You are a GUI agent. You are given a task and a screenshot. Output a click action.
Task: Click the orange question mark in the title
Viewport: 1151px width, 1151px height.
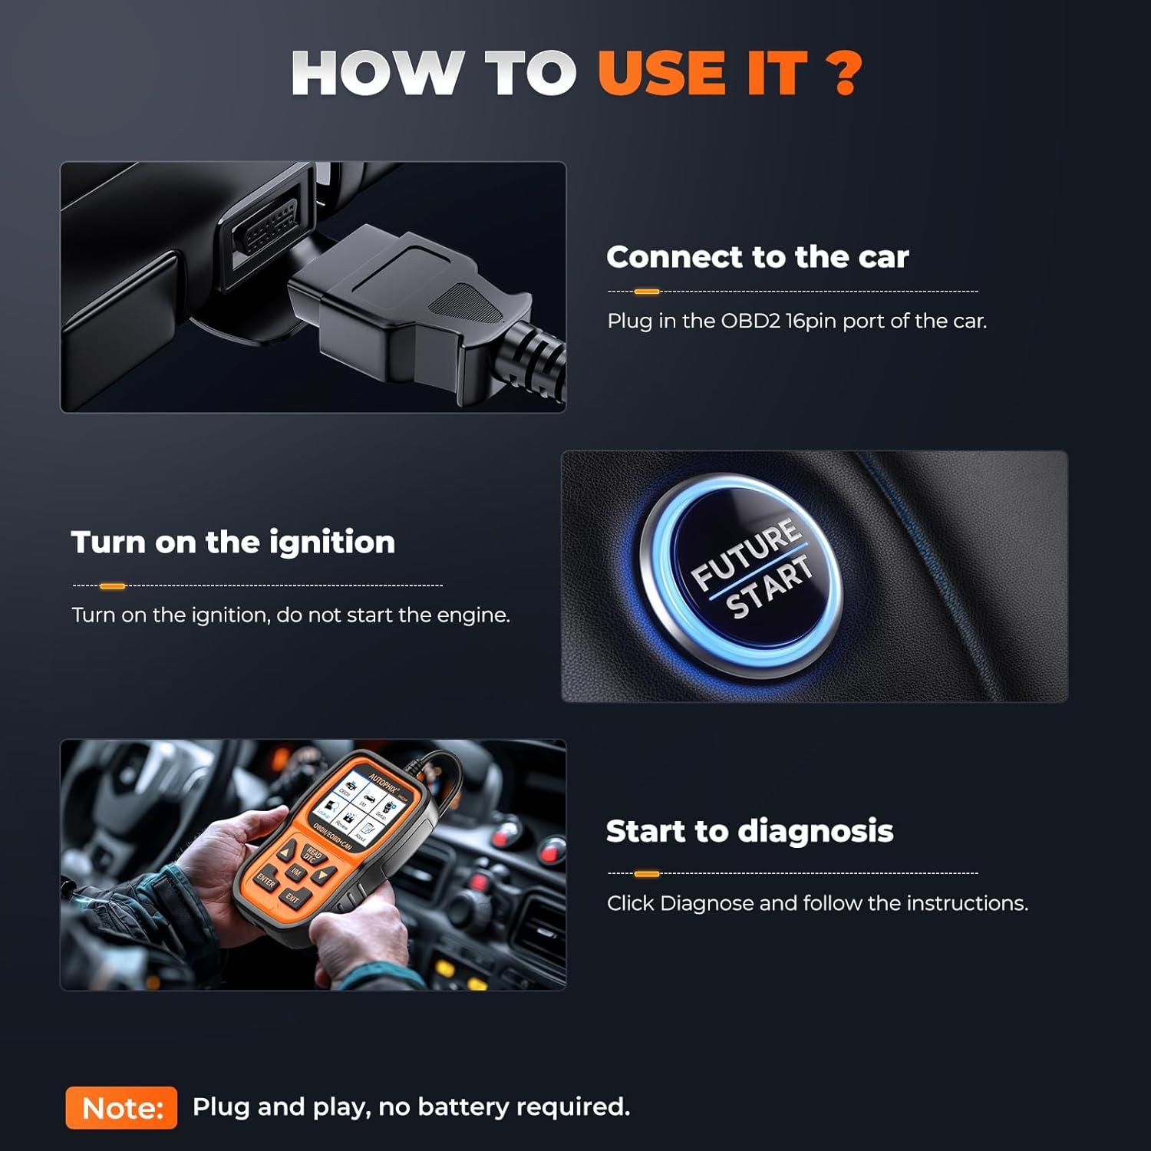pyautogui.click(x=845, y=74)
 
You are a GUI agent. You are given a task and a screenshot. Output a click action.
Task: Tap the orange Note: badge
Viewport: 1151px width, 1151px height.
pyautogui.click(x=121, y=1107)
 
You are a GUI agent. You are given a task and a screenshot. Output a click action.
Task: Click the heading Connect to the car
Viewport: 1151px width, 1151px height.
pyautogui.click(x=757, y=257)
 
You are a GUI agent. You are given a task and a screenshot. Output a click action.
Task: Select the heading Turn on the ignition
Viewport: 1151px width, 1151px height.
pyautogui.click(x=233, y=543)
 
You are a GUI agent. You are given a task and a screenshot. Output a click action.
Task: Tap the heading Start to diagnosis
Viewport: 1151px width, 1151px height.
pyautogui.click(x=750, y=831)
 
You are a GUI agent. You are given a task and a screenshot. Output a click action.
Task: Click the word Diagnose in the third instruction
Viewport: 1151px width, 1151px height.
pyautogui.click(x=706, y=903)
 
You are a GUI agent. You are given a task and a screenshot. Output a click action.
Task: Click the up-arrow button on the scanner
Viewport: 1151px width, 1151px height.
pyautogui.click(x=288, y=853)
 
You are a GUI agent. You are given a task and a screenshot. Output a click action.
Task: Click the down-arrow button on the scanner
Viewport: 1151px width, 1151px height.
pyautogui.click(x=322, y=876)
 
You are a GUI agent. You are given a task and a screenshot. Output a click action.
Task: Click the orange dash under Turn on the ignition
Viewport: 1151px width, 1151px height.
pyautogui.click(x=113, y=586)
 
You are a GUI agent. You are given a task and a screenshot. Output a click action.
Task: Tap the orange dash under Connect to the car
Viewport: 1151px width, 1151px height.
pyautogui.click(x=647, y=292)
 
